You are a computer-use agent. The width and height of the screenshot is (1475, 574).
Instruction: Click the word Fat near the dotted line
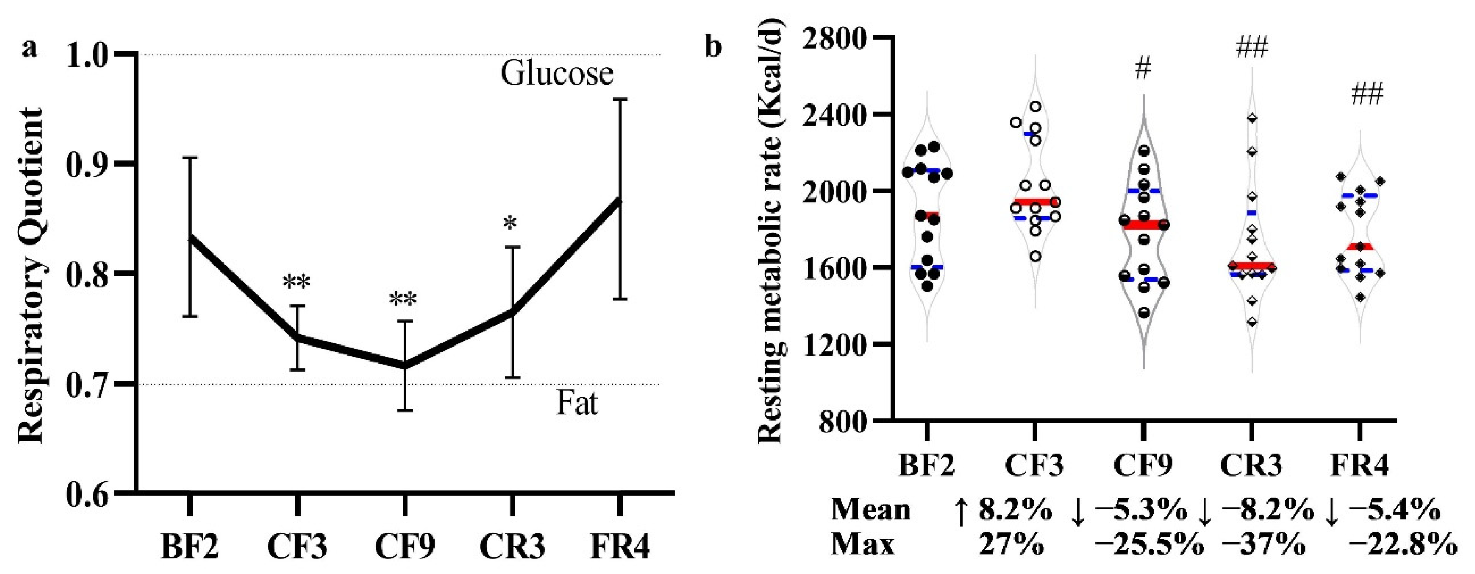577,403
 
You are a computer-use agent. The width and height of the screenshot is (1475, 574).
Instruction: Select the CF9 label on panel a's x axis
405,547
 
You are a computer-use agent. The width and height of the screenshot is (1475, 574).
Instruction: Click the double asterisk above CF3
296,282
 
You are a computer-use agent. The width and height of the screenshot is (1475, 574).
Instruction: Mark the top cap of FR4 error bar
619,100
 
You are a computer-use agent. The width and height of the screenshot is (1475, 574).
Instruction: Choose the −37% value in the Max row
1264,545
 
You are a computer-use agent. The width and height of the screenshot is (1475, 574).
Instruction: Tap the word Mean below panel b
871,510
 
